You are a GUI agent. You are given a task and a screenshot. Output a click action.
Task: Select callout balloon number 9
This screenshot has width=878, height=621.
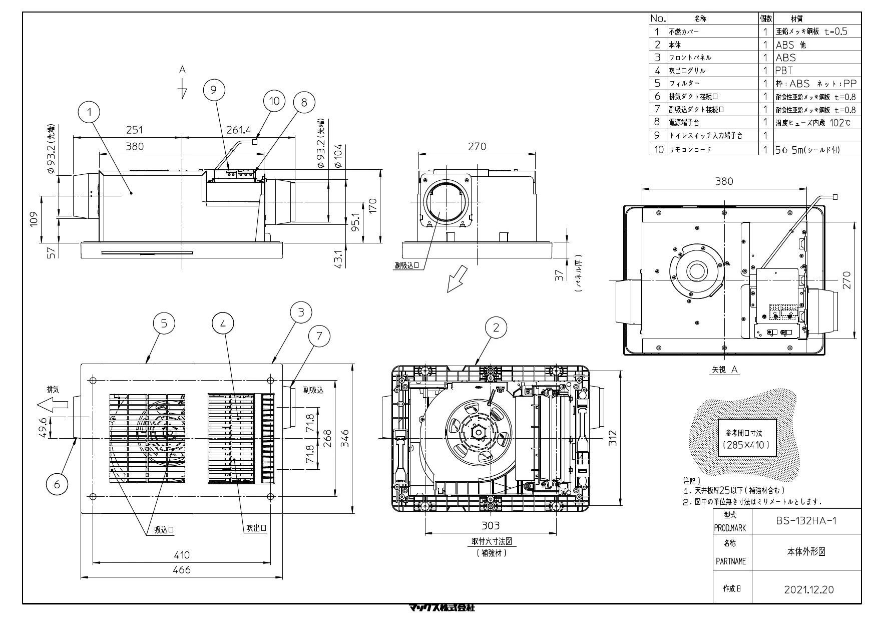click(x=214, y=90)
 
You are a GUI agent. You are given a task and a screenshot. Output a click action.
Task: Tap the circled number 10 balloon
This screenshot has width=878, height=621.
click(x=274, y=101)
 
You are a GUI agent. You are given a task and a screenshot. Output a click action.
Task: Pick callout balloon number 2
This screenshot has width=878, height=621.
click(x=496, y=328)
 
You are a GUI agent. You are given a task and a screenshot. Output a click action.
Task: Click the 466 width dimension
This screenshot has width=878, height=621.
click(x=182, y=569)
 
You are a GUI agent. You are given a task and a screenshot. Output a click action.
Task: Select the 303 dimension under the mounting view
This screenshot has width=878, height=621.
click(x=491, y=525)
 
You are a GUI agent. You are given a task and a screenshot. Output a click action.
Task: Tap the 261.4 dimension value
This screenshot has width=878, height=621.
click(x=239, y=130)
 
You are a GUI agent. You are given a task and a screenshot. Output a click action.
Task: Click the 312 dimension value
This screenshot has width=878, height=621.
click(x=613, y=437)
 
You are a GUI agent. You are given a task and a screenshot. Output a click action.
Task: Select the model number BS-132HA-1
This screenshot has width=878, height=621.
click(x=806, y=521)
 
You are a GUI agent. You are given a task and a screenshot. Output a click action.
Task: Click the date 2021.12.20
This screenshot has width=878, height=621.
click(x=808, y=589)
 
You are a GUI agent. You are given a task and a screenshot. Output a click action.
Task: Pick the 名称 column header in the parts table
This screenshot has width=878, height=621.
click(x=701, y=19)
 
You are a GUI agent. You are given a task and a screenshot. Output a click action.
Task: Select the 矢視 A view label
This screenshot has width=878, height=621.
click(x=725, y=370)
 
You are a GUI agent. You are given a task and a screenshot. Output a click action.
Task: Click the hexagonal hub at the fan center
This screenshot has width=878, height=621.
click(x=478, y=431)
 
